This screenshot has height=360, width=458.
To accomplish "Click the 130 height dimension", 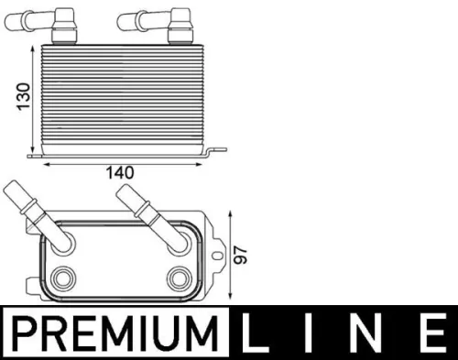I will tap(27, 93).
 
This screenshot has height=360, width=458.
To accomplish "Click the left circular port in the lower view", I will tap(64, 278).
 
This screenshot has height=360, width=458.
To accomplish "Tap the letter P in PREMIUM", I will tap(25, 334).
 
